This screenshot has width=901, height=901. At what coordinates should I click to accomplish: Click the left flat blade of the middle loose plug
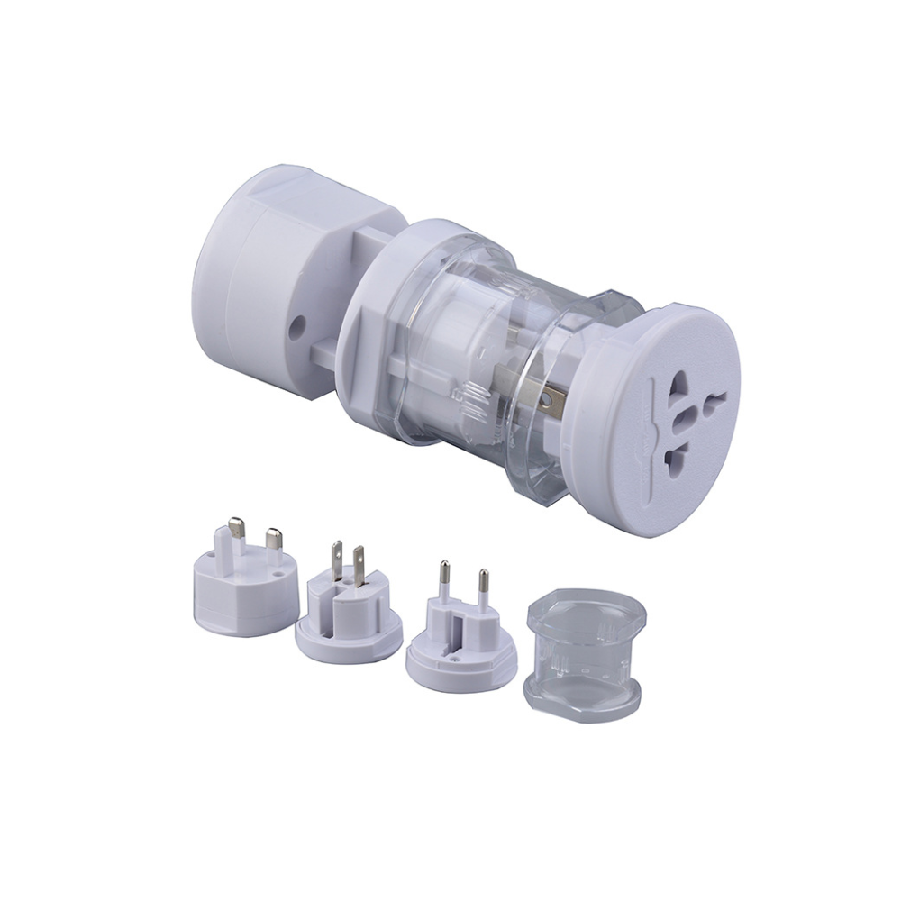(336, 560)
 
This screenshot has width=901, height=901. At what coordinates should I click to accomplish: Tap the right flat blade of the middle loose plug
(358, 563)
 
